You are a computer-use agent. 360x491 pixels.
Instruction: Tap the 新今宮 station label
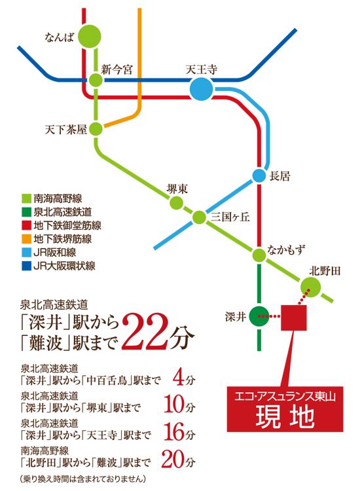117,68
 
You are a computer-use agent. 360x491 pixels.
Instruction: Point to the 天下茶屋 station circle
96,128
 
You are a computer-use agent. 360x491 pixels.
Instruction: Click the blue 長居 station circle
258,176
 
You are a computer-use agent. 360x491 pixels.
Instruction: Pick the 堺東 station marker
175,203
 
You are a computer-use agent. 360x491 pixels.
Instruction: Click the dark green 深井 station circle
259,316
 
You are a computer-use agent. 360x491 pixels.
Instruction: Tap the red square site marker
293,317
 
